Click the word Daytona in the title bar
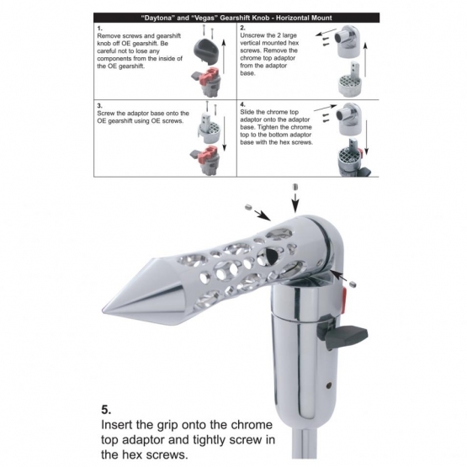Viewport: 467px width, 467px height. click(157, 18)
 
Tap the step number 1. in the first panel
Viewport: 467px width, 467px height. click(100, 29)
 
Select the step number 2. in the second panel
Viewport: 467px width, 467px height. click(242, 28)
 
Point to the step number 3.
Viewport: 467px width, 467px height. click(100, 106)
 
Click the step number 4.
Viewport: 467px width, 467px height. click(242, 104)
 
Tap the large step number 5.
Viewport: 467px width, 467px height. click(106, 410)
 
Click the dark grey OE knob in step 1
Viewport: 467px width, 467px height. click(206, 50)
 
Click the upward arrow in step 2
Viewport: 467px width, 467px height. click(365, 60)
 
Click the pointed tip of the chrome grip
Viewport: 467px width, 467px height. click(103, 310)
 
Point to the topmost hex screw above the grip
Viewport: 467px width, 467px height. click(295, 188)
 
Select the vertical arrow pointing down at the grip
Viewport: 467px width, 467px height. click(295, 203)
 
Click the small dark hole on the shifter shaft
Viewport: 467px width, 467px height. click(328, 385)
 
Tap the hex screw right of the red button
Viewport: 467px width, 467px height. click(353, 284)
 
